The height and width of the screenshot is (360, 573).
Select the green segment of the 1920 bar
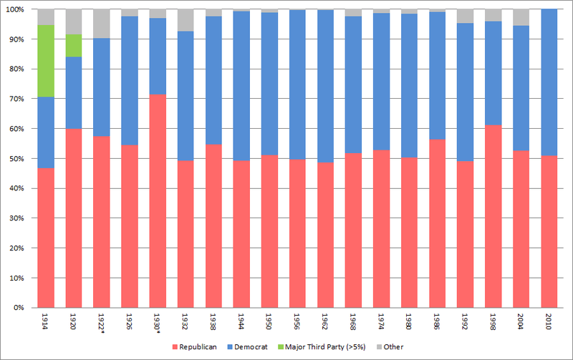pyautogui.click(x=74, y=45)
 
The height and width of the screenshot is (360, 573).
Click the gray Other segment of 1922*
pyautogui.click(x=102, y=24)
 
